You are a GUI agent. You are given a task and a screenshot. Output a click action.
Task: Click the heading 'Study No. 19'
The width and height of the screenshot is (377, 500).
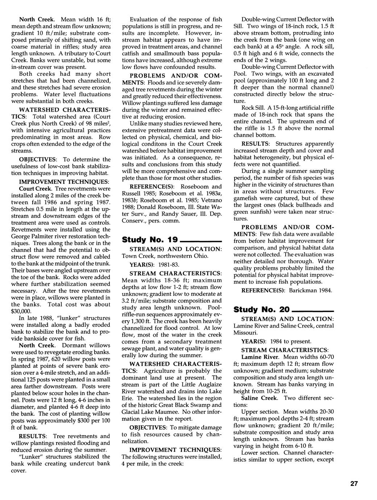(x=150, y=239)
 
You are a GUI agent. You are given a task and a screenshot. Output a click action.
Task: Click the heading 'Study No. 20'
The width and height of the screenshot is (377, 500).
(x=261, y=309)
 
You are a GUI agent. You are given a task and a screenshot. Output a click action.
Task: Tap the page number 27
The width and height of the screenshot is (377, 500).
(x=354, y=484)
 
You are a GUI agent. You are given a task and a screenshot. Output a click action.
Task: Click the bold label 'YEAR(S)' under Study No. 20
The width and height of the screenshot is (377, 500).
(x=253, y=341)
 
